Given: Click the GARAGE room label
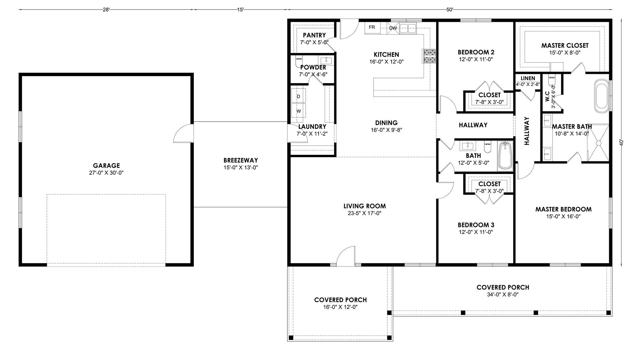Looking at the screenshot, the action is [x=106, y=166].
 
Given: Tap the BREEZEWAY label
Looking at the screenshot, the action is [x=241, y=160].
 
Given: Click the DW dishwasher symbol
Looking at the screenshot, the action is [x=393, y=28].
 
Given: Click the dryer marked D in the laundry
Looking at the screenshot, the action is [x=299, y=96].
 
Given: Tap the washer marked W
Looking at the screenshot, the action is [x=299, y=111].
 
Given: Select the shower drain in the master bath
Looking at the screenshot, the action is [x=599, y=143].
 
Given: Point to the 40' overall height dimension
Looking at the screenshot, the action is [x=621, y=143].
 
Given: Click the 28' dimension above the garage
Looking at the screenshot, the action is [x=106, y=10].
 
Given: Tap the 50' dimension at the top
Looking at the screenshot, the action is [x=450, y=10].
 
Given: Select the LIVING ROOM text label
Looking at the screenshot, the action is [x=365, y=206].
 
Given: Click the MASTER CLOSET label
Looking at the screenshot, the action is [x=565, y=46].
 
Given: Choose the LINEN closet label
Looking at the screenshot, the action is [x=528, y=78].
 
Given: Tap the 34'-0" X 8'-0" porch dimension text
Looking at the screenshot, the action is [x=503, y=294].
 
